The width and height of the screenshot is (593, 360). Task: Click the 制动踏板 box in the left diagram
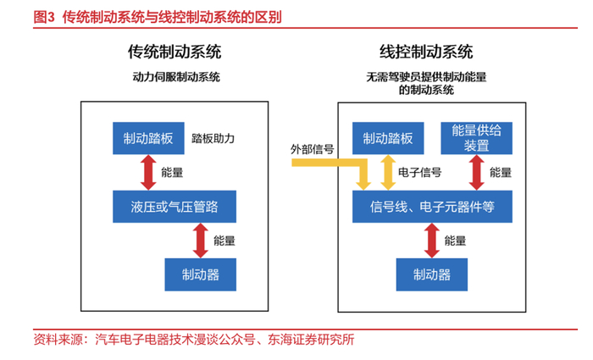(148, 139)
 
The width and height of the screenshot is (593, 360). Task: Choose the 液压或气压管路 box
(173, 206)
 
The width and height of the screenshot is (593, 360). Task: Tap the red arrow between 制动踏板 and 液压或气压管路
(148, 173)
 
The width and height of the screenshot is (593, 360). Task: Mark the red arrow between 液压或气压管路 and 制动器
(201, 240)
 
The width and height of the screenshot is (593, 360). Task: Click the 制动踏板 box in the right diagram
(388, 139)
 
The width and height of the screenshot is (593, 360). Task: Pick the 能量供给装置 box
(476, 138)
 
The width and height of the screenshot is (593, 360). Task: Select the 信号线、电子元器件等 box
(432, 206)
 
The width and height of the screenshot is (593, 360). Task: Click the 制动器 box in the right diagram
(432, 274)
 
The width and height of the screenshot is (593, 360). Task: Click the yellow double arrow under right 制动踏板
(388, 173)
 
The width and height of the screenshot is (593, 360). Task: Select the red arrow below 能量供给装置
(476, 173)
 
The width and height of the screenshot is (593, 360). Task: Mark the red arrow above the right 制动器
(432, 241)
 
